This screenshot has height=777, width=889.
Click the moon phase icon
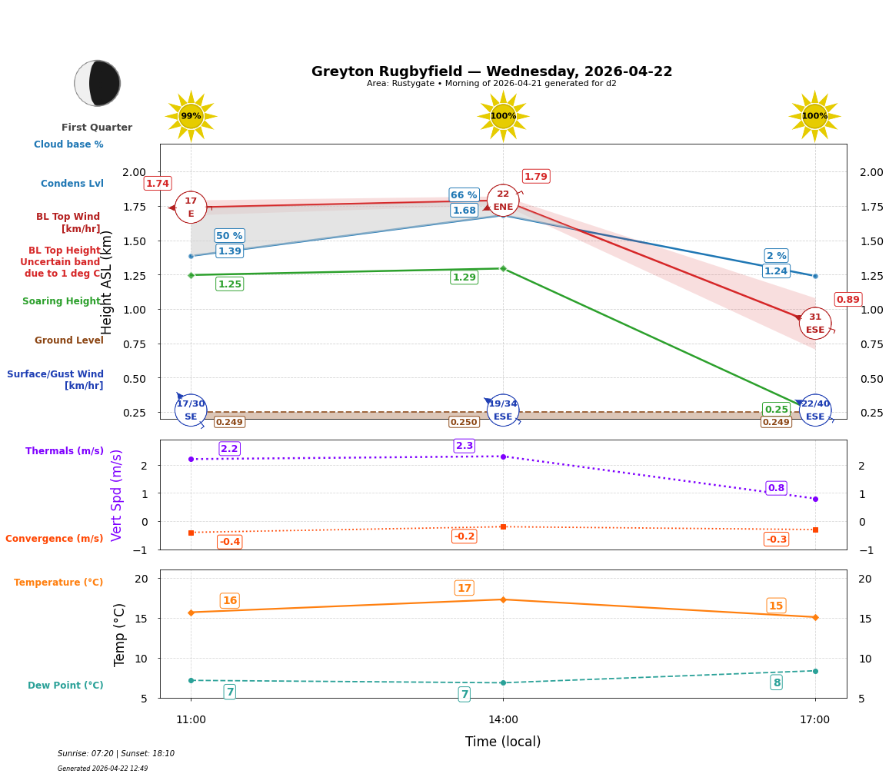[x=98, y=83]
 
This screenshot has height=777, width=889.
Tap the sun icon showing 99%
[x=191, y=116]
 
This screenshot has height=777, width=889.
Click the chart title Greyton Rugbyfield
[x=491, y=71]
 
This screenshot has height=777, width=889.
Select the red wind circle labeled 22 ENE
[x=503, y=201]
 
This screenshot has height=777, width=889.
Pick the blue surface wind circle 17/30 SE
[x=191, y=410]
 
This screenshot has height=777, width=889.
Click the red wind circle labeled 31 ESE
[x=815, y=323]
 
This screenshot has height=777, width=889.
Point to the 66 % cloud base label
[x=464, y=195]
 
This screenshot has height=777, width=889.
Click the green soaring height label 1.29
[x=464, y=277]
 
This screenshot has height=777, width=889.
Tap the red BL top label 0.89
[x=847, y=300]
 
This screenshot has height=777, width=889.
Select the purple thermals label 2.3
[x=464, y=446]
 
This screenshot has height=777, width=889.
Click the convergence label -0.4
[x=229, y=542]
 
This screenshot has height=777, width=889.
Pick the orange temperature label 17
[x=464, y=588]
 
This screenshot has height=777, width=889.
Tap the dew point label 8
[x=777, y=682]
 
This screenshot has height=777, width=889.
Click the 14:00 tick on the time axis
[x=503, y=719]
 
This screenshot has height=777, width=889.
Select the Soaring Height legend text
[x=62, y=301]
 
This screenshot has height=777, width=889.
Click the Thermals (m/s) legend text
[x=65, y=451]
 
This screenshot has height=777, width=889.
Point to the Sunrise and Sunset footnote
[x=116, y=753]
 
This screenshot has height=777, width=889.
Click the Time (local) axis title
[x=503, y=742]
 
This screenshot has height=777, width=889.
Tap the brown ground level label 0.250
[x=464, y=422]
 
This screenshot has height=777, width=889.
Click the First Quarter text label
[x=97, y=128]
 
